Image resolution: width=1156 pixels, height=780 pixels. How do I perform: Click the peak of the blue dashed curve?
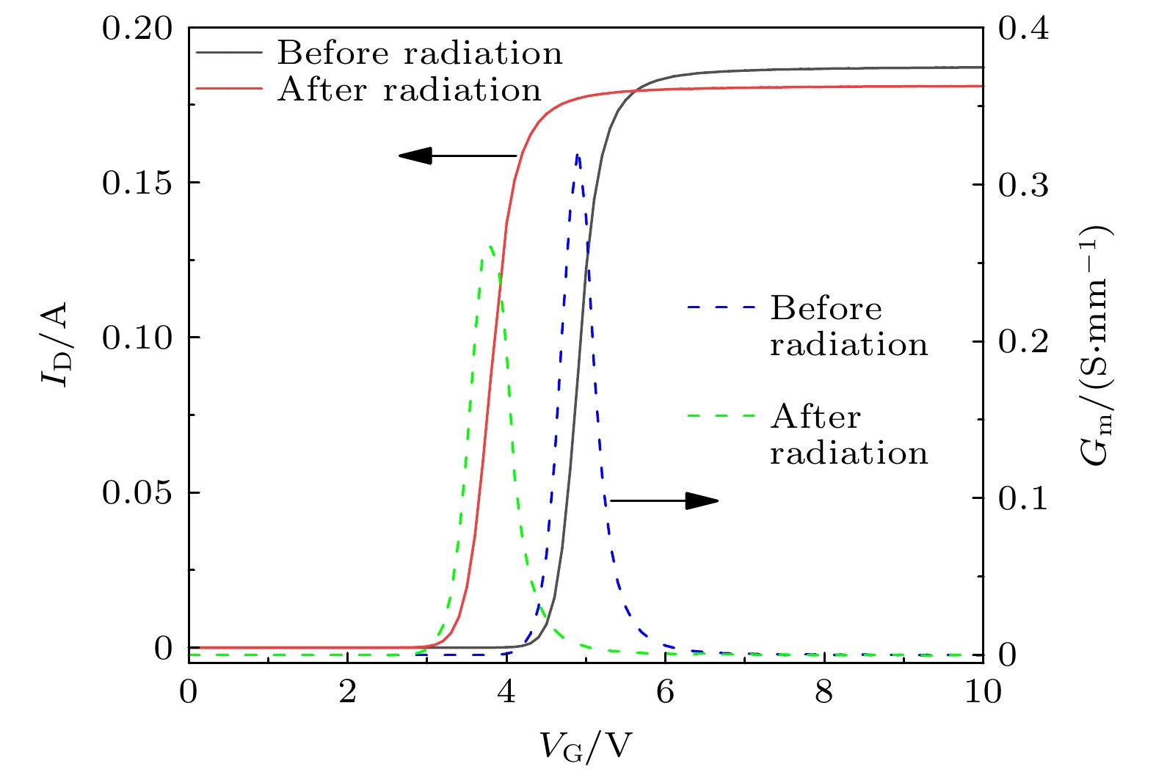coord(578,155)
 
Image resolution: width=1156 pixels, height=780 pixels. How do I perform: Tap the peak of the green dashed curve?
coord(487,247)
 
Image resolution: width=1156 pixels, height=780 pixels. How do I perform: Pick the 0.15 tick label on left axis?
coord(138,183)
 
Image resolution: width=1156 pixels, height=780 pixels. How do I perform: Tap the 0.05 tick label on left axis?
coord(138,492)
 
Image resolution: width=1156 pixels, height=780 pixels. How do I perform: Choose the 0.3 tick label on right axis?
coord(1023,185)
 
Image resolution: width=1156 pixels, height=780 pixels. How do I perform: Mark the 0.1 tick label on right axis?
coord(1023,498)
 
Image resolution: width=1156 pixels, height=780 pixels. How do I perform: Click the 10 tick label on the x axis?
coord(983,692)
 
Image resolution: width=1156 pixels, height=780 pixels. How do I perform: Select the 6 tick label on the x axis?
coord(665,692)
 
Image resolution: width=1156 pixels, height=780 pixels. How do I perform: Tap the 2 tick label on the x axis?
coord(347,692)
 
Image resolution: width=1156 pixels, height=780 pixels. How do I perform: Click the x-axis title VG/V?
coord(586,747)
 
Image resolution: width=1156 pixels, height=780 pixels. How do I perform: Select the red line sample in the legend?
coord(229,88)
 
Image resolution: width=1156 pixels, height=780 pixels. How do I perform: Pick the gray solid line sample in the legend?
coord(229,53)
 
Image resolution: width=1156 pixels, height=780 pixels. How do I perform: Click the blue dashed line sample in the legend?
coord(721,307)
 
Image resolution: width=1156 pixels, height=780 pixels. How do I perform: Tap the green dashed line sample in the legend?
coord(721,416)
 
